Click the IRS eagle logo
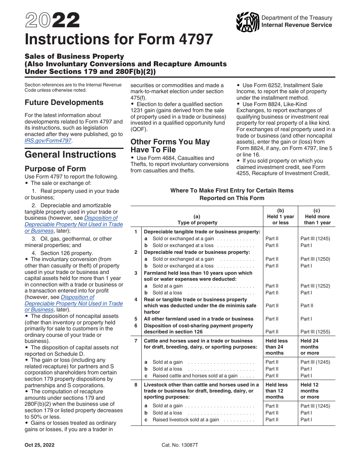(247, 22)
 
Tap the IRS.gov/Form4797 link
(48, 141)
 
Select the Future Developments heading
(64, 102)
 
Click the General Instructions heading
(70, 155)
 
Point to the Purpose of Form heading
(55, 169)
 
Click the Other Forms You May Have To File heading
(170, 145)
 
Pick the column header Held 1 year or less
(280, 217)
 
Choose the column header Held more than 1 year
(317, 217)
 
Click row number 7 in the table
(136, 341)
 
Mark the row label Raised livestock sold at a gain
(186, 419)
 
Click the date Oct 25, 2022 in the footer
(39, 445)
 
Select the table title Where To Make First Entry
(232, 194)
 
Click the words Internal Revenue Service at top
(297, 25)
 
